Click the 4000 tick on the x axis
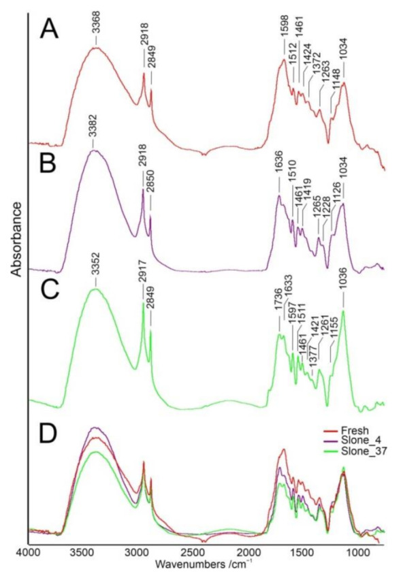(x=27, y=554)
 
